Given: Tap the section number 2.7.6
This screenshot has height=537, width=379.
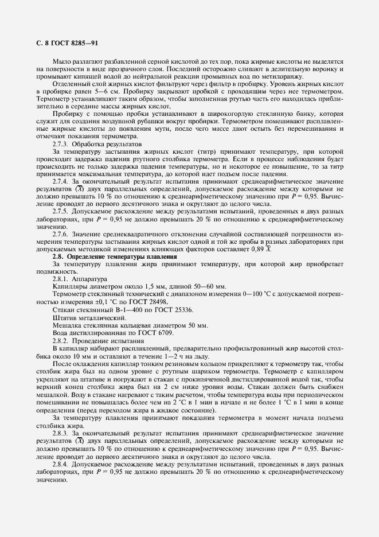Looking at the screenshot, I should (62, 234).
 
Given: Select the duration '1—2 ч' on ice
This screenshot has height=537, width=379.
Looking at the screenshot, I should (163, 356).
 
